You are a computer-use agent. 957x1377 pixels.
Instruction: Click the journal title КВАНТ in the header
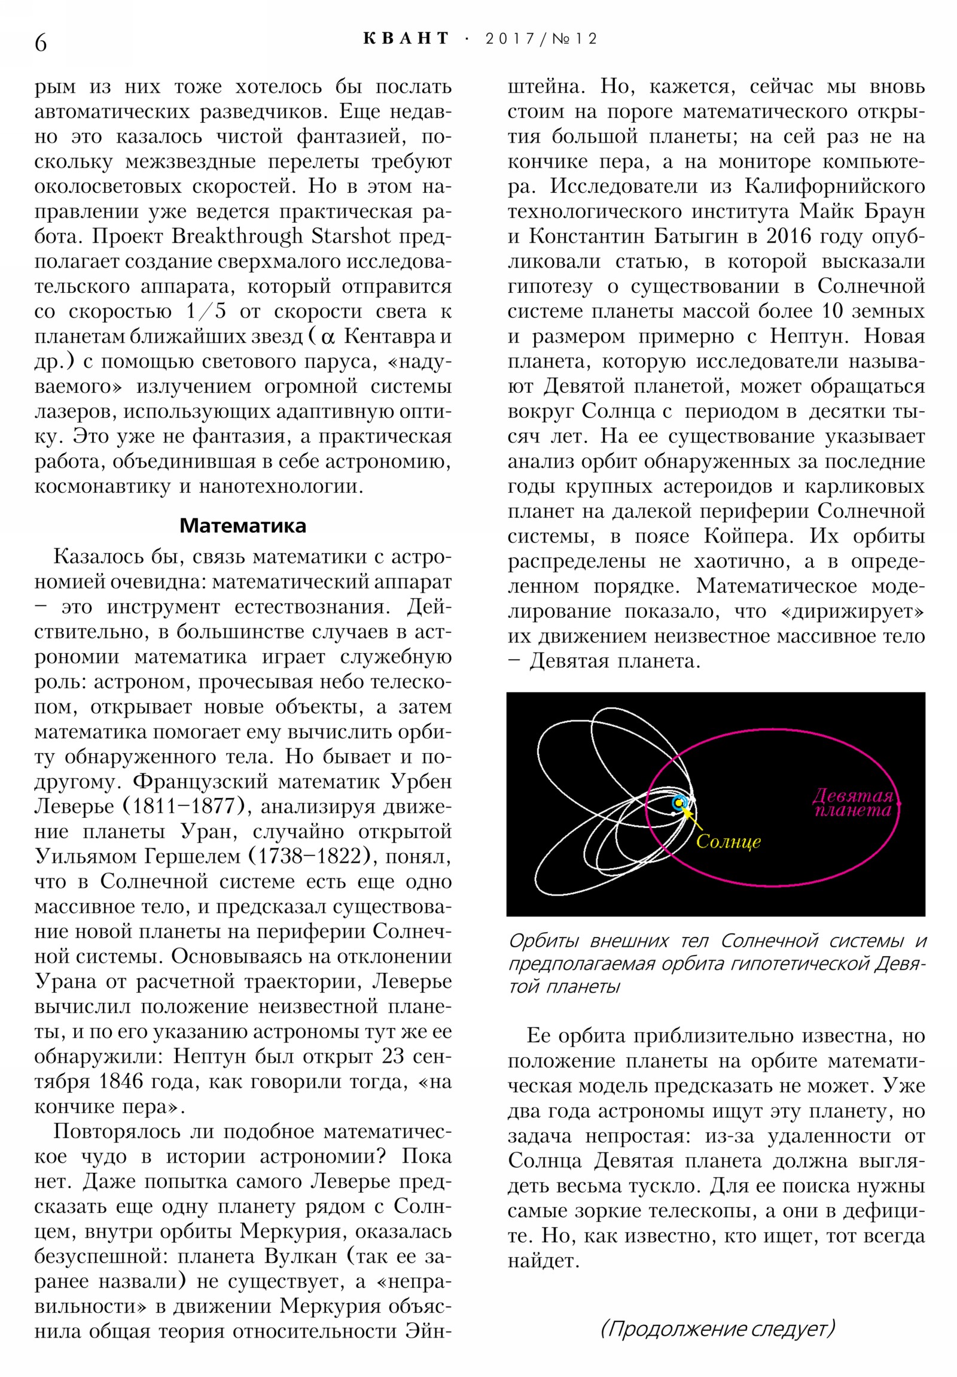click(406, 39)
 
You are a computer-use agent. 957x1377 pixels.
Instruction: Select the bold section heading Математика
click(243, 526)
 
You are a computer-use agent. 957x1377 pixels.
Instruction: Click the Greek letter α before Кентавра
click(328, 337)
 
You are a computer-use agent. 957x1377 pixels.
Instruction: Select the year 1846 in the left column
click(121, 1081)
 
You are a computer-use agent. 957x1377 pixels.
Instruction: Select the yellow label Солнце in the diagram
click(728, 841)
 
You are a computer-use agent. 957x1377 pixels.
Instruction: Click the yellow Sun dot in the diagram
click(678, 802)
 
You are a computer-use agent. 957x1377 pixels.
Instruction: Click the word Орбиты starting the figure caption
click(542, 941)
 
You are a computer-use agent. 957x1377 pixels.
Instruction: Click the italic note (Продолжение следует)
click(717, 1329)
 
